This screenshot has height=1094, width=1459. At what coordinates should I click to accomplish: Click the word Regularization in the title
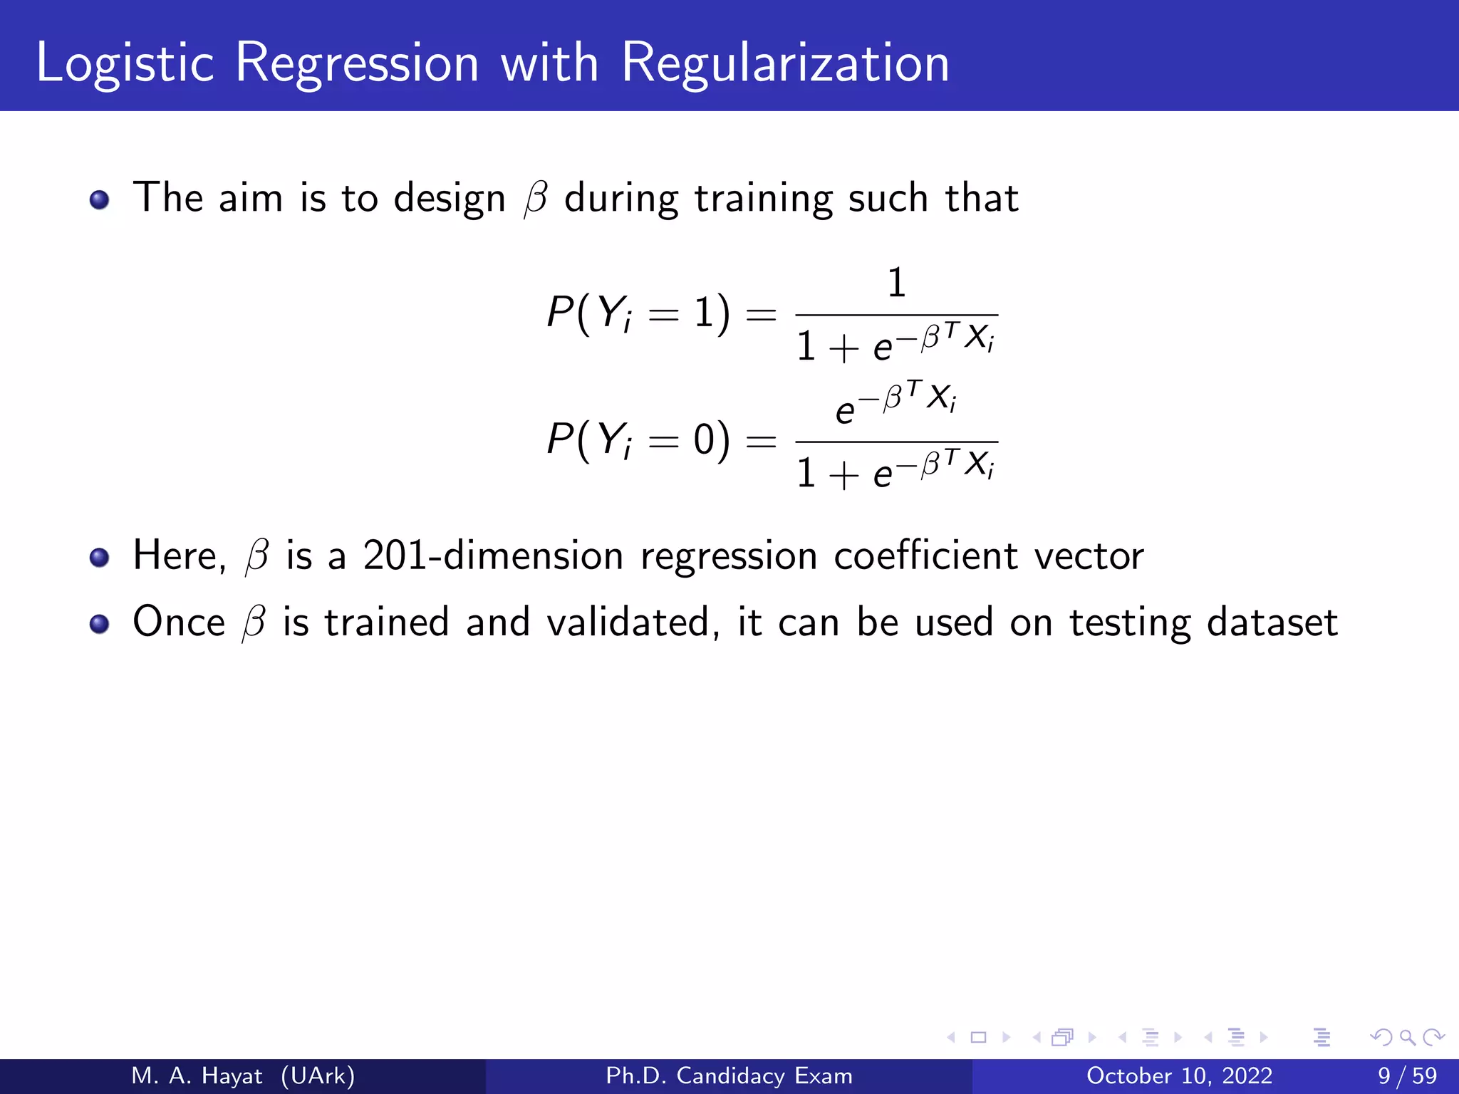[x=785, y=64]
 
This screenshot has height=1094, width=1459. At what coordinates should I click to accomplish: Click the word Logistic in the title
[x=125, y=64]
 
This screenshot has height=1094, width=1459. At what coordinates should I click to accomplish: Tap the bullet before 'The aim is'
[x=100, y=199]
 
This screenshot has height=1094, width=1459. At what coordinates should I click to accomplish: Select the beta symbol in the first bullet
[x=535, y=199]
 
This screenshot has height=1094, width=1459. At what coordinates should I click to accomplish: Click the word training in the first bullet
[x=763, y=199]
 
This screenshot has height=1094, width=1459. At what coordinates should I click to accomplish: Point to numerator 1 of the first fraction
[x=896, y=283]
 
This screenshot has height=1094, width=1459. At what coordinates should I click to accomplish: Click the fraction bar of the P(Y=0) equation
[x=896, y=442]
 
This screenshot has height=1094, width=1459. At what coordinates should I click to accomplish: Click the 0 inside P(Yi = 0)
[x=705, y=439]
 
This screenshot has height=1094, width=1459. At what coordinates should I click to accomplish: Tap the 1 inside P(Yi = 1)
[x=705, y=313]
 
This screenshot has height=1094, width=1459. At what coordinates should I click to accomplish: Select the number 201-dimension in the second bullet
[x=492, y=556]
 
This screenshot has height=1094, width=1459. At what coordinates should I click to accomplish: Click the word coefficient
[x=925, y=556]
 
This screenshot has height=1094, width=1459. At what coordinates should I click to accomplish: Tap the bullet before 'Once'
[x=100, y=624]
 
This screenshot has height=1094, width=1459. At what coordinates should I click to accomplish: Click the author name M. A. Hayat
[x=197, y=1075]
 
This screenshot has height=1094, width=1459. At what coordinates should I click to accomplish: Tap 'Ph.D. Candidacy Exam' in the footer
[x=729, y=1075]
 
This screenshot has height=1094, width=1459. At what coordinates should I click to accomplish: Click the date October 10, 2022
[x=1179, y=1075]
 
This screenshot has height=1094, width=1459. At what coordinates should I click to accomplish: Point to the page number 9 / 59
[x=1407, y=1075]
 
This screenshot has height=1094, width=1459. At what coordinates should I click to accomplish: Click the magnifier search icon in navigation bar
[x=1407, y=1037]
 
